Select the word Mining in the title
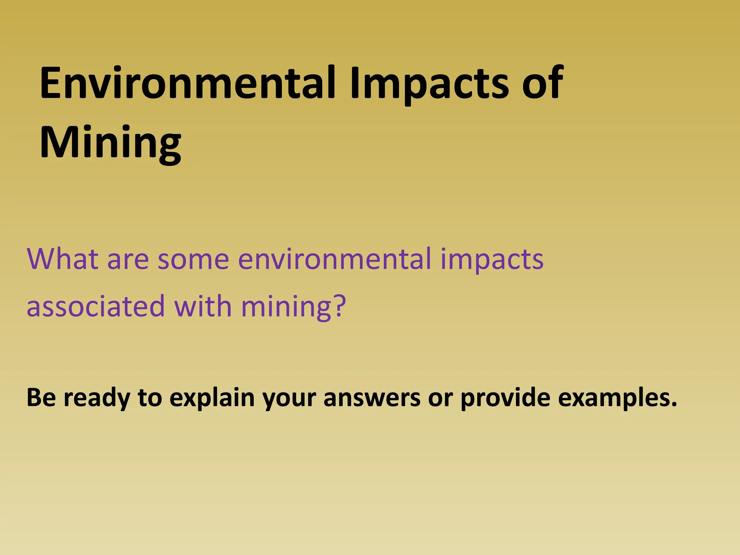tap(110, 142)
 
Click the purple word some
tap(193, 259)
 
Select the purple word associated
tap(95, 306)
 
